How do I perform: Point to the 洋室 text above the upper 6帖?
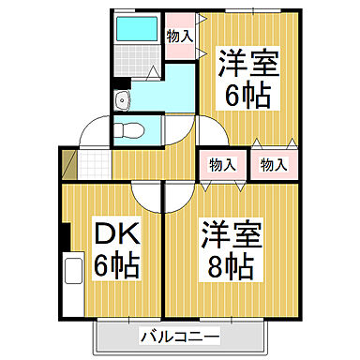pyautogui.click(x=246, y=66)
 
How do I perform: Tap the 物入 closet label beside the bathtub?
pyautogui.click(x=179, y=36)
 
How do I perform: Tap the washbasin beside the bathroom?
pyautogui.click(x=120, y=101)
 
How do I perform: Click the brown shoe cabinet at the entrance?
pyautogui.click(x=65, y=164)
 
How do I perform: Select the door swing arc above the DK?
pyautogui.click(x=148, y=195)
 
